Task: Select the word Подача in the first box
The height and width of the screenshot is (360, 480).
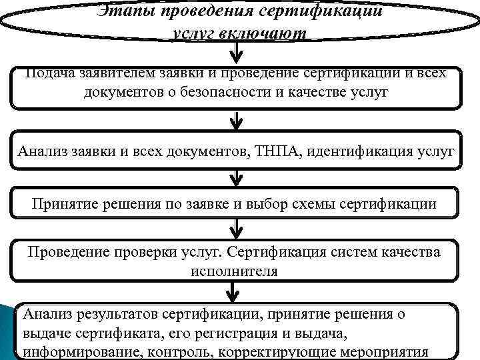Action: pos(49,73)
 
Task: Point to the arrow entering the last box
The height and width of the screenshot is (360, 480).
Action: pos(231,292)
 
